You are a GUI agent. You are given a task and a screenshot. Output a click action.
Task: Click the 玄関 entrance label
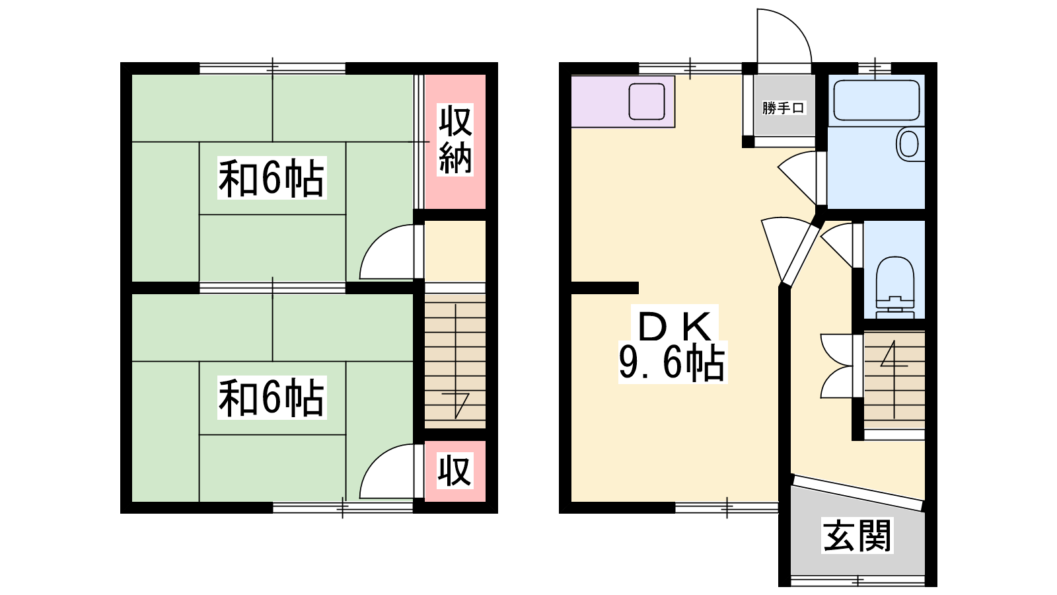point(857,535)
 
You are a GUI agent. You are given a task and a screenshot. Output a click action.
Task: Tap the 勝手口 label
point(784,108)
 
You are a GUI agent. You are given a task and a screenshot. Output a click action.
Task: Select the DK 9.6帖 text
point(673,344)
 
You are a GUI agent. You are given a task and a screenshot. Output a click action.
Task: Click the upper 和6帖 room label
point(272,178)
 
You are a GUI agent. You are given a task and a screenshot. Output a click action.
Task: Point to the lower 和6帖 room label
point(272,397)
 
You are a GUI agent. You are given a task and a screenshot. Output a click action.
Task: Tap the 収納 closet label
point(455,140)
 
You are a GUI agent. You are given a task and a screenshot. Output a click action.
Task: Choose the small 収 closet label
point(455,471)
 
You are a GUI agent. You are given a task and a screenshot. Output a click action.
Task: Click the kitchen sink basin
point(647,102)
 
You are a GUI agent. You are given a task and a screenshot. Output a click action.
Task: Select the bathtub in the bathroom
point(876,100)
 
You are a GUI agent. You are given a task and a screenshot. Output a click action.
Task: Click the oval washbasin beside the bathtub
point(908,144)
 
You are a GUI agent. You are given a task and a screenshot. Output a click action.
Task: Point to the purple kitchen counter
point(623,102)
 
